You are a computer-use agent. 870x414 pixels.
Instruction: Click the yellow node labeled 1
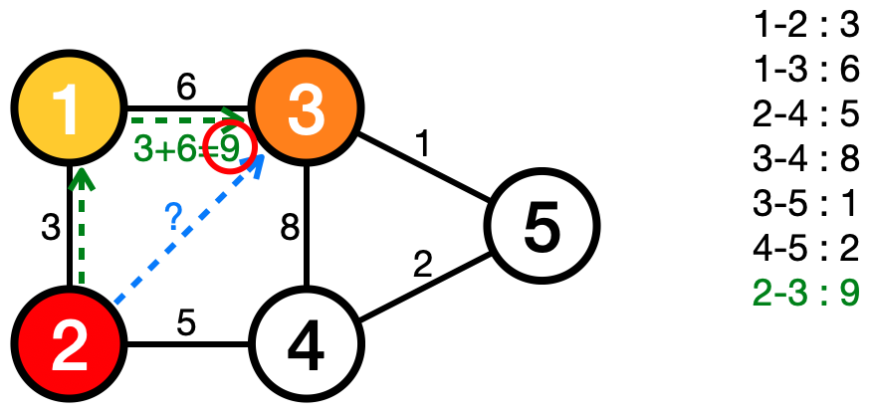coord(68,108)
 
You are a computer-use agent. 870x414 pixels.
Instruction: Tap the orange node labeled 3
coord(308,108)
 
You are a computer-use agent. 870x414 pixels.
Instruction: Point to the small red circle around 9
coord(230,148)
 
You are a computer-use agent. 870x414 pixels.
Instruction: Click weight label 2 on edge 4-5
coord(423,266)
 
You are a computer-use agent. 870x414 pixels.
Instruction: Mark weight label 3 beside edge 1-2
coord(51,229)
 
